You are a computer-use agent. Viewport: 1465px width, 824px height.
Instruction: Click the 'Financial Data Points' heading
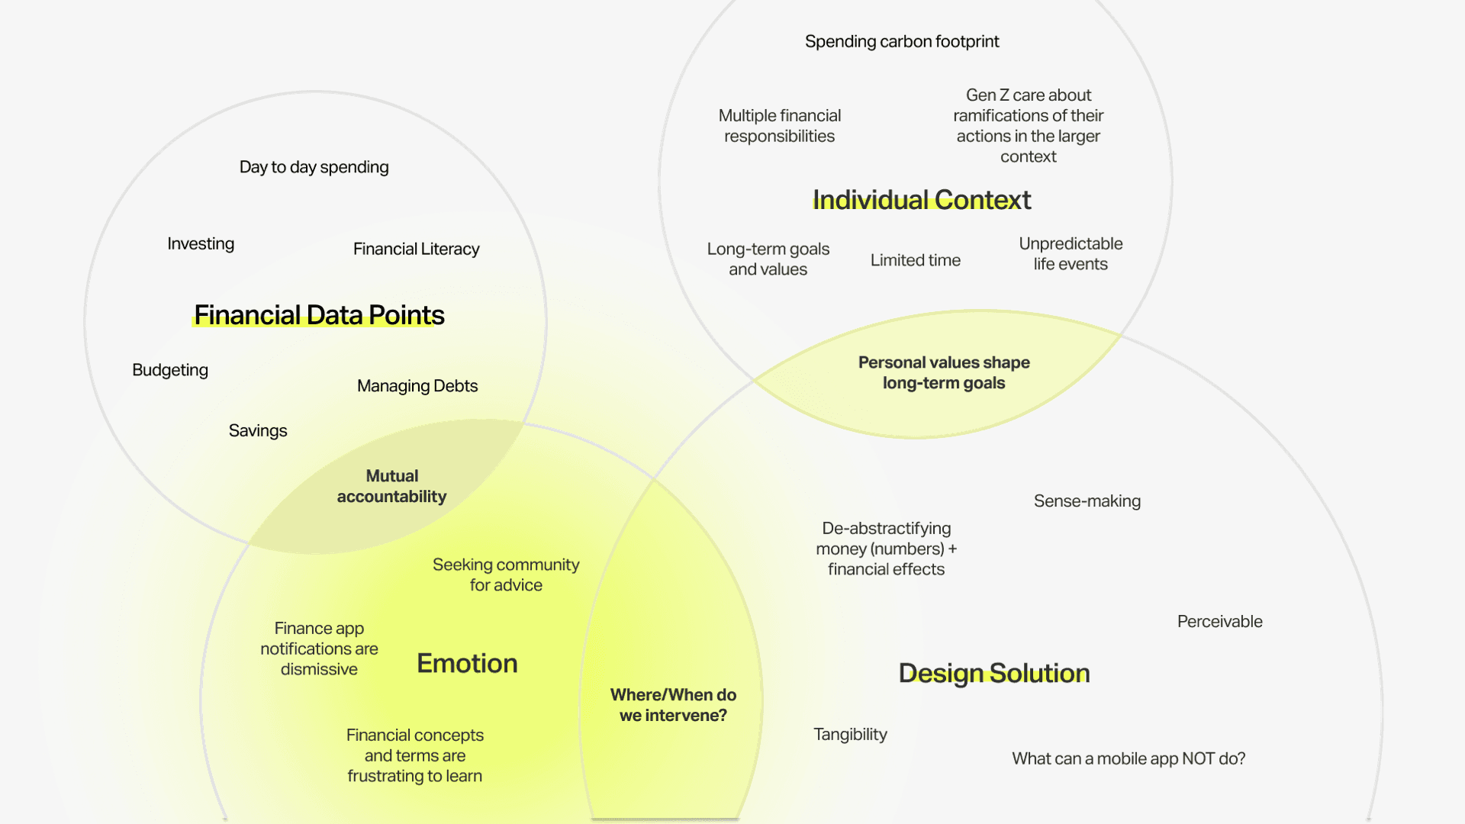point(319,315)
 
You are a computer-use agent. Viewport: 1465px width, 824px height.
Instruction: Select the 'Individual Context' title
point(921,200)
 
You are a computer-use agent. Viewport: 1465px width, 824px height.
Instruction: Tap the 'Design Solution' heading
point(993,673)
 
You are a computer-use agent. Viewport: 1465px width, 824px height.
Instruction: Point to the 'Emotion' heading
point(467,664)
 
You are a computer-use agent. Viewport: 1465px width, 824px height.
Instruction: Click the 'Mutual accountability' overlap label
point(391,486)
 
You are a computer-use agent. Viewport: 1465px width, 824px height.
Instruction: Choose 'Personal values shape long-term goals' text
point(944,372)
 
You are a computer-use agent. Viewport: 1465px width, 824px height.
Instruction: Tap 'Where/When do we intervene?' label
point(673,705)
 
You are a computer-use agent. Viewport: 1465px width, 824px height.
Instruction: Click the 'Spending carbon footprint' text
point(902,41)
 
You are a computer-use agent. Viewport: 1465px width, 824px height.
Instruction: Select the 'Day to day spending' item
point(314,167)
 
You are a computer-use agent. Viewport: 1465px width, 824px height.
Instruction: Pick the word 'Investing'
point(201,243)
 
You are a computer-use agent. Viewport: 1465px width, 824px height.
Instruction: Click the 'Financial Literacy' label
point(416,249)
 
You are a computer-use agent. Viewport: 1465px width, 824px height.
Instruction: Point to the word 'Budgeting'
point(170,370)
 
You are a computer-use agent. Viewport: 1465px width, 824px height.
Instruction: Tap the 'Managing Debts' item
point(417,386)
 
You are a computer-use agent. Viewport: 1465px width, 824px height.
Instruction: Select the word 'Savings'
point(258,430)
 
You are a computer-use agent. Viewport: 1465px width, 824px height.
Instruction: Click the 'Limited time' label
point(915,260)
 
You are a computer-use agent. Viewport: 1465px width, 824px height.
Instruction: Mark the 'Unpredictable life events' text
point(1071,253)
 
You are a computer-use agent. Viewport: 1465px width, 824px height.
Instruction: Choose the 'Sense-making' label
point(1087,501)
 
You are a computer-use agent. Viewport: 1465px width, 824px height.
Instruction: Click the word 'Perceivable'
point(1219,622)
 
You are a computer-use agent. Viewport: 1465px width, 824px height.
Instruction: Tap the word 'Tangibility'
point(850,735)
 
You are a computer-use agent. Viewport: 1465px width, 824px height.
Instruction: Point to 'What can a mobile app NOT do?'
point(1129,758)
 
